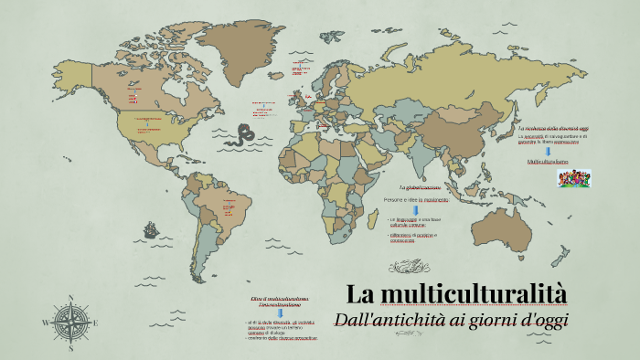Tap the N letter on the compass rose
[70, 298]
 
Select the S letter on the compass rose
[70, 347]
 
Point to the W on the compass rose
[46, 323]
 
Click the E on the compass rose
[95, 323]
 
